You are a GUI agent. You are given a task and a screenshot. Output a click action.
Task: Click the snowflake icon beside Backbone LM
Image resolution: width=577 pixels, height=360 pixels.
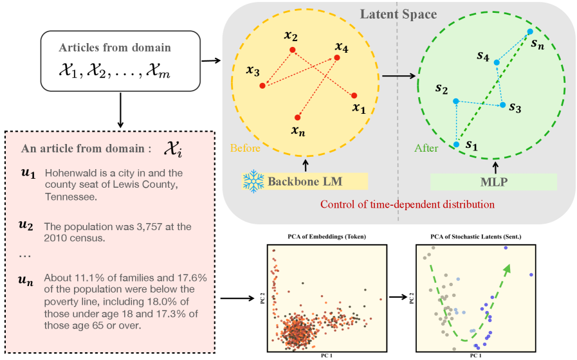click(x=253, y=181)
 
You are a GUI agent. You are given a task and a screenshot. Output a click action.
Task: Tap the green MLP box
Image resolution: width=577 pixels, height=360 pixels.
click(x=493, y=181)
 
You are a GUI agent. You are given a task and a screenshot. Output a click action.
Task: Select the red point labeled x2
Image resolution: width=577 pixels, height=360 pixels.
click(x=293, y=50)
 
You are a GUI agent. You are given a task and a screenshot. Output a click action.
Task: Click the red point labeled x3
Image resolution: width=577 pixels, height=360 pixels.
click(x=262, y=85)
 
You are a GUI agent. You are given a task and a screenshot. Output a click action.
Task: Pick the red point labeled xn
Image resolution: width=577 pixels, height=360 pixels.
click(x=297, y=118)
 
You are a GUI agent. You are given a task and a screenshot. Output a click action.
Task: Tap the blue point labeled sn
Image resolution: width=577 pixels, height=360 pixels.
click(x=529, y=31)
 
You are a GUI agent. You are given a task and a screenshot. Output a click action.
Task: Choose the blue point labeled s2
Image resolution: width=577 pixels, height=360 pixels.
click(x=455, y=101)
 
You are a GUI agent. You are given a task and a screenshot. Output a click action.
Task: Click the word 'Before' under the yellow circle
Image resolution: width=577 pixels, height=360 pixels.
click(x=244, y=148)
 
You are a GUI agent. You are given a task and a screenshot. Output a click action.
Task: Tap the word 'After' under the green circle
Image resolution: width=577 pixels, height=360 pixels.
click(x=426, y=148)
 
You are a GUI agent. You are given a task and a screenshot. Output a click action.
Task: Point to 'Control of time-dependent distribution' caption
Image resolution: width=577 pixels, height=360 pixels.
click(x=408, y=204)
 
